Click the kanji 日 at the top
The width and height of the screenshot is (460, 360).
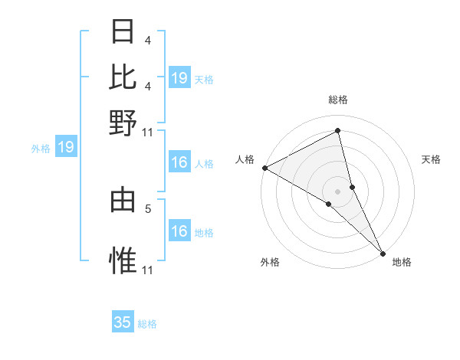coord(123,31)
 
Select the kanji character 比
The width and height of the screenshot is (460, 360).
coord(123,77)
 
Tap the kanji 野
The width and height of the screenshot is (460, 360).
coord(123,122)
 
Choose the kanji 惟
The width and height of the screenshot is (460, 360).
coord(123,261)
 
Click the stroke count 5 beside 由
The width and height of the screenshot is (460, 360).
coord(148,208)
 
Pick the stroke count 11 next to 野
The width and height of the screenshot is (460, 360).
coord(148,131)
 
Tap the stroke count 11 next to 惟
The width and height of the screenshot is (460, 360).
coord(148,270)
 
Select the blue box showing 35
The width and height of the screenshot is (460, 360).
coord(123,322)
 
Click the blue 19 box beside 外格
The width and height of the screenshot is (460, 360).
coord(66,147)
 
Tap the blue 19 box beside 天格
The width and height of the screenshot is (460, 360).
coord(179,77)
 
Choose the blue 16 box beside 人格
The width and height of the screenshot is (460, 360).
coord(179,162)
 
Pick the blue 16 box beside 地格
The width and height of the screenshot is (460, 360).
coord(179,231)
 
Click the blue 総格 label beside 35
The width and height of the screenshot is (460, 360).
coord(147,324)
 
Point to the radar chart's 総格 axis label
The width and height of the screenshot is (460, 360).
coord(338,100)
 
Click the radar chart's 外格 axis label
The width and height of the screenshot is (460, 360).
coord(270,263)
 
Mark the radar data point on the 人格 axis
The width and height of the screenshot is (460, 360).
coord(264,167)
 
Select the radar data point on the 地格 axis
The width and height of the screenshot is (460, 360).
coord(383,252)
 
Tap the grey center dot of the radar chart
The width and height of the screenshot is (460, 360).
coord(338,191)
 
